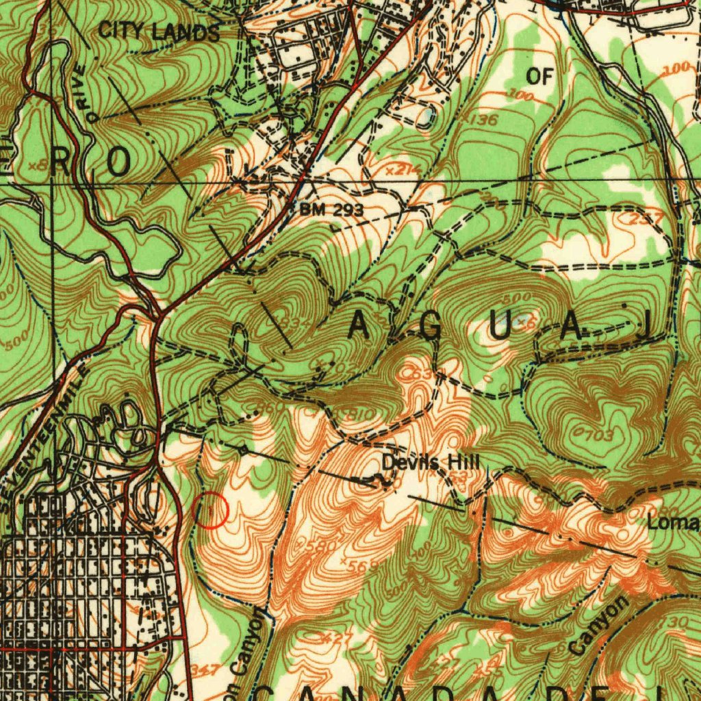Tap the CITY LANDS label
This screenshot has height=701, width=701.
[x=160, y=31]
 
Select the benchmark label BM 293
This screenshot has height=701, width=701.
[x=331, y=209]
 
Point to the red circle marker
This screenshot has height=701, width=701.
[x=212, y=511]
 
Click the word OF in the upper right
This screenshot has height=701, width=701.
[x=539, y=77]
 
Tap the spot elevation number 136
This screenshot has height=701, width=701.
[x=485, y=120]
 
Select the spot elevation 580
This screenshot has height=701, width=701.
[x=319, y=546]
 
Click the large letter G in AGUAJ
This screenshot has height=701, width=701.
[x=432, y=329]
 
